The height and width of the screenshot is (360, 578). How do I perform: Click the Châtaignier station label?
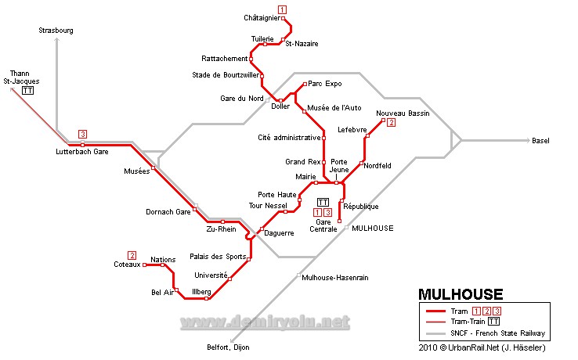[262, 17]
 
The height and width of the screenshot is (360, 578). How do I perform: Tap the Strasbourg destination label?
[56, 31]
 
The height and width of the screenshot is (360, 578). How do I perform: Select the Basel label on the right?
[540, 141]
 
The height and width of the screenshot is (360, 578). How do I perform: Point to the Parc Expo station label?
[325, 83]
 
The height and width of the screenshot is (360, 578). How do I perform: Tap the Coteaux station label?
[125, 265]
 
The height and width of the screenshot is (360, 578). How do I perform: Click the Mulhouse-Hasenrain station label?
[335, 277]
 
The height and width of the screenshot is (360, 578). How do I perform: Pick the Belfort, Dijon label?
[229, 347]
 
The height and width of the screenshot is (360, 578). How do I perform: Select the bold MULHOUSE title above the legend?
[461, 294]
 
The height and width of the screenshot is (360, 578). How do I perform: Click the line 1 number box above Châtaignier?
[282, 9]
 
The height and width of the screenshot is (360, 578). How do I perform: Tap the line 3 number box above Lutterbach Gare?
[82, 133]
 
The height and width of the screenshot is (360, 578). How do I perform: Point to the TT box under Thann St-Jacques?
[28, 90]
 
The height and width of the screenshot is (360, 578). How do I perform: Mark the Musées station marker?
[154, 167]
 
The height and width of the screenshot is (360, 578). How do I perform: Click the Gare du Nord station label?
[241, 99]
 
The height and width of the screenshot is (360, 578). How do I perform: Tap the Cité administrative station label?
[289, 138]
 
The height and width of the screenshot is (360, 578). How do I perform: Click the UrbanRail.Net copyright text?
[482, 347]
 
